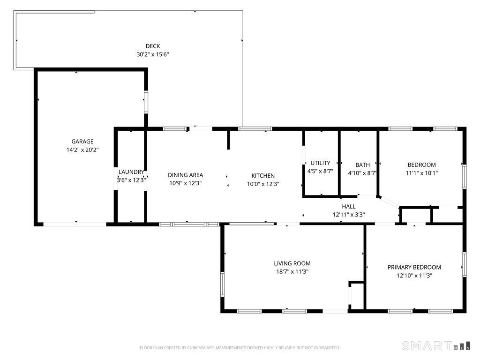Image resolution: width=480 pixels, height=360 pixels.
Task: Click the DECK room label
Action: pos(153,46)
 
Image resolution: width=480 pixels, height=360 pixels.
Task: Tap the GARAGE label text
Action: pos(82,142)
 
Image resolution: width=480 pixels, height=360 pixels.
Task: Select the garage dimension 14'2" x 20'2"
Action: pos(82,150)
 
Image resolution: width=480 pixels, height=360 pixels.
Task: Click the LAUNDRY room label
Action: pos(131,172)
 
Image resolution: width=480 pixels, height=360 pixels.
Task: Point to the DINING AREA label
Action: pos(186,175)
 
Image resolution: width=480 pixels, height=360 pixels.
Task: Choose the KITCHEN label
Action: pos(263,176)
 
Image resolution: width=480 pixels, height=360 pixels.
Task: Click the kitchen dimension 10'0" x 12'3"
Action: pos(263,184)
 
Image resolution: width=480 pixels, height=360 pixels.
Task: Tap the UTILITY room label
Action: pos(321,163)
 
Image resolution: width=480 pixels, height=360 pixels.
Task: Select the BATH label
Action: pos(363,165)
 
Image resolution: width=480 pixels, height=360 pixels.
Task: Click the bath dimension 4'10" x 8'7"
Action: pos(362,173)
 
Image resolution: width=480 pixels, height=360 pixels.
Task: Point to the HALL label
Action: pos(349,207)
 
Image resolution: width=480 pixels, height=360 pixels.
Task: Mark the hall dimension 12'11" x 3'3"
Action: pos(349,215)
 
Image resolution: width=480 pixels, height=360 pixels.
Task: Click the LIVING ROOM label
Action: pos(292,263)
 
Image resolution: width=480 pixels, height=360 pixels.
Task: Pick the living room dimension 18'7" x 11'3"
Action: pos(292,271)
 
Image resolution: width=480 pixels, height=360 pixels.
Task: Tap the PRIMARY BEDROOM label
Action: pos(414,267)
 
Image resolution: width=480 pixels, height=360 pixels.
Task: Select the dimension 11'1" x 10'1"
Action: pos(422,173)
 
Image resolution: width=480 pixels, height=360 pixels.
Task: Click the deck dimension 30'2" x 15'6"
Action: pos(153,54)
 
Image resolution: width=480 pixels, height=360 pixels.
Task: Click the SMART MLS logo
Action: pos(436,346)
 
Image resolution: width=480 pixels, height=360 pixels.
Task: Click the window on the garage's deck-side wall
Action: pos(146,102)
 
